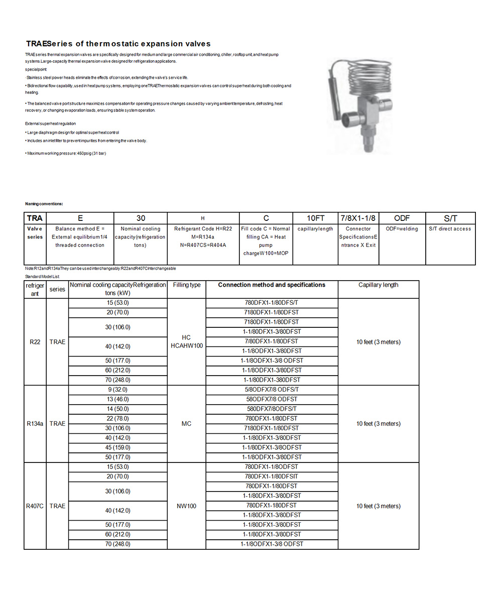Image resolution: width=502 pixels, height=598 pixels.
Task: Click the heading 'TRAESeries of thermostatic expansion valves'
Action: [118, 44]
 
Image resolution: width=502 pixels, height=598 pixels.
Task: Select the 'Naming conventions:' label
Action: [44, 204]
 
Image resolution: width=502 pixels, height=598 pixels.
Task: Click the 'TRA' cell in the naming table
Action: [35, 218]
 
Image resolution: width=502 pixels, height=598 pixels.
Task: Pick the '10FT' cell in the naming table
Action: [315, 218]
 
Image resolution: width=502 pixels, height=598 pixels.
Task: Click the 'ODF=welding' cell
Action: [402, 229]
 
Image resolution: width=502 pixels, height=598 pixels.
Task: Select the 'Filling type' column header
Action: [186, 285]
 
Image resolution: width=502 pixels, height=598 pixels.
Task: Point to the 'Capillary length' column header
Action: [378, 285]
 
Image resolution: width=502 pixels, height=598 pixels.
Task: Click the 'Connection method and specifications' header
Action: [272, 285]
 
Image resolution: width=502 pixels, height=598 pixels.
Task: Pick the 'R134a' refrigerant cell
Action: [35, 424]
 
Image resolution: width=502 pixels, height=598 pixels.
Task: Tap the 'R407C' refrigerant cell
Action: [35, 506]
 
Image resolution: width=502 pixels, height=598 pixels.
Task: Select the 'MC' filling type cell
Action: [186, 424]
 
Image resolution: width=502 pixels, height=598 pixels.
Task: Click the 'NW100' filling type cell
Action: [186, 506]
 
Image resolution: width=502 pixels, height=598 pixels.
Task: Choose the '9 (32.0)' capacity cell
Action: [117, 390]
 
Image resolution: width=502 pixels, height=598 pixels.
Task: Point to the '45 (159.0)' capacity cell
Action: [117, 447]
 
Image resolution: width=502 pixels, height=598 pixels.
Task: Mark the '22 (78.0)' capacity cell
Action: [117, 419]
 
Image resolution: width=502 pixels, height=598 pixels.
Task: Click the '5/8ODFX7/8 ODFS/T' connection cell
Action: [272, 390]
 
